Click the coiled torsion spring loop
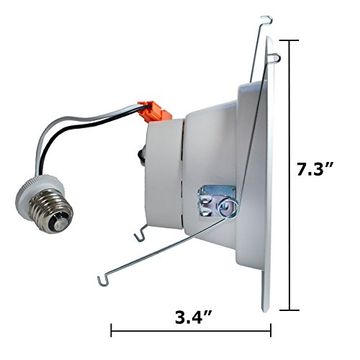(228, 207)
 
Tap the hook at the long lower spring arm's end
(103, 281)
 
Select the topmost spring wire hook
(267, 20)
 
